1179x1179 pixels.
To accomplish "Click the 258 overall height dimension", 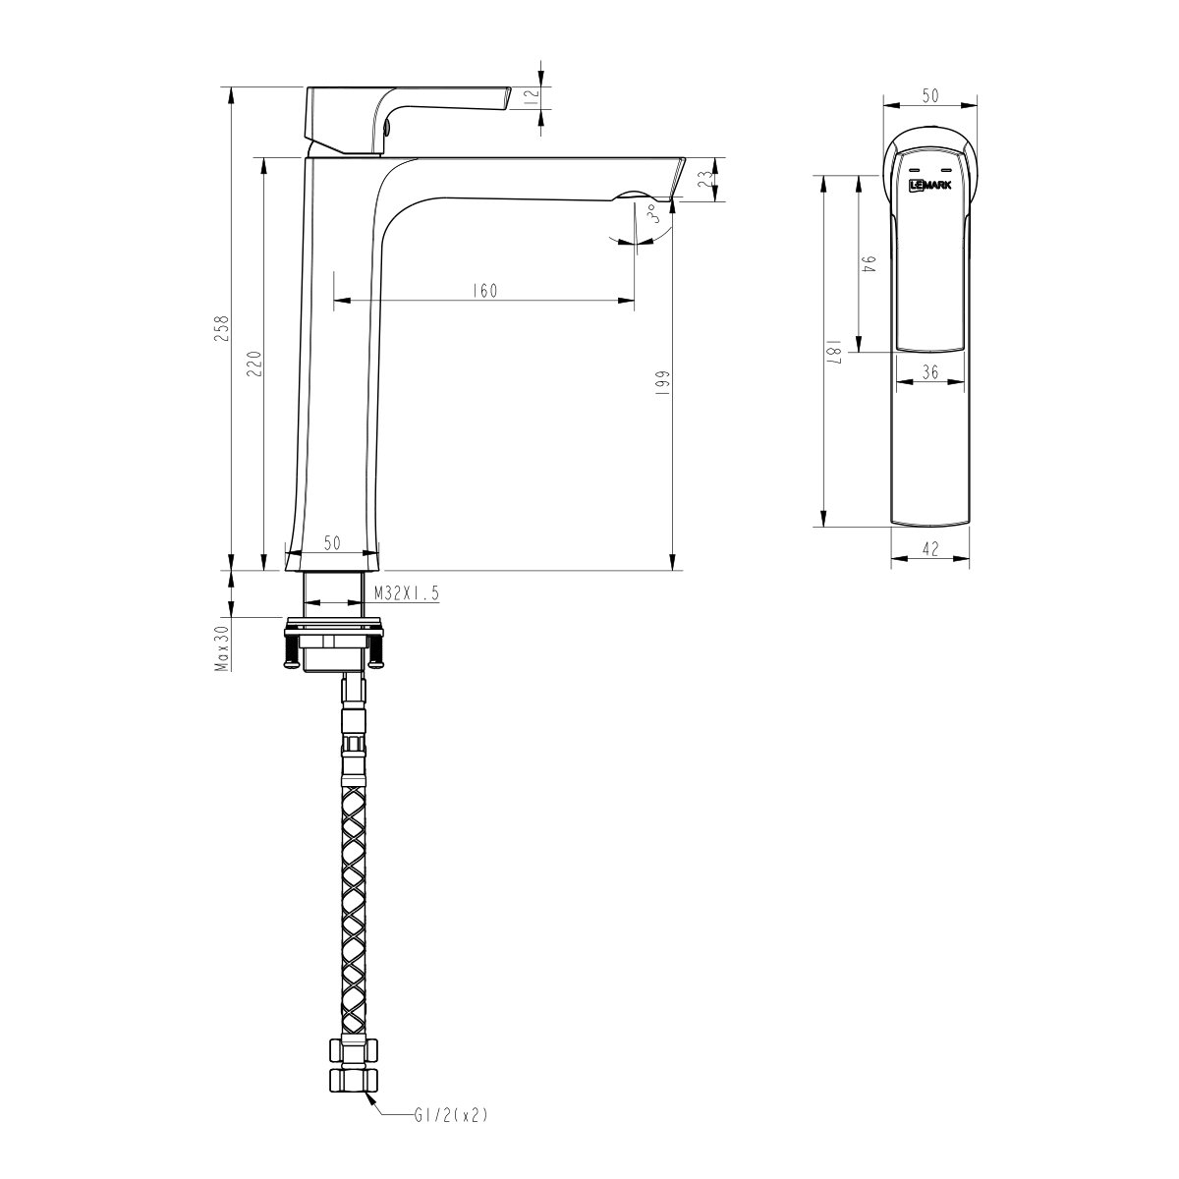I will (223, 327).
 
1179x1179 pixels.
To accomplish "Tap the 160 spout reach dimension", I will (485, 290).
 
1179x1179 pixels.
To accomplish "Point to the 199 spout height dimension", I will (662, 381).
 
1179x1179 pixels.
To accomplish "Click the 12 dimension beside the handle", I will (530, 95).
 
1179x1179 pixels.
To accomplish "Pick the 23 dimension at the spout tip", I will (703, 179).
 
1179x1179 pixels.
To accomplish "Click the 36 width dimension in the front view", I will (930, 371).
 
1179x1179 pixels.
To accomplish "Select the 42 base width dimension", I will (931, 549).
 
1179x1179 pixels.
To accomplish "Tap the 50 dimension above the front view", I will (929, 95).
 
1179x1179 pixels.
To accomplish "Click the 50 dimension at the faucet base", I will (331, 543).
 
